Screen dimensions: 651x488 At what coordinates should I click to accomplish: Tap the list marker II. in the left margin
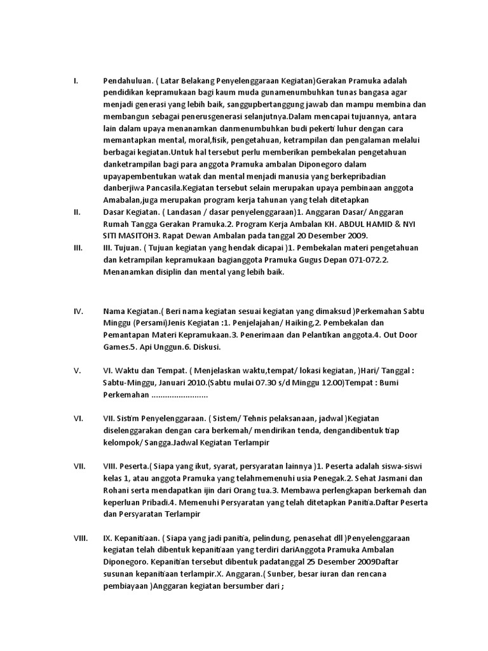(77, 212)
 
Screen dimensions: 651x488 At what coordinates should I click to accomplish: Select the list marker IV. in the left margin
(78, 311)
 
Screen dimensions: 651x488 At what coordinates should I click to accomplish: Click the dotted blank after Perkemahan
(179, 395)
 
